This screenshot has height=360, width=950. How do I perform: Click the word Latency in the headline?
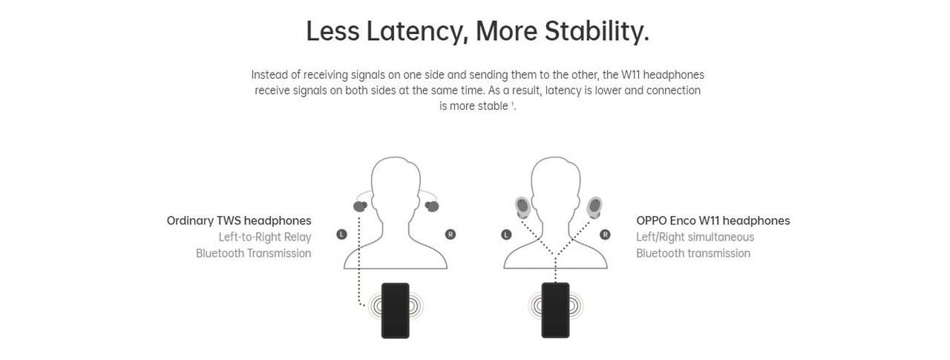(x=417, y=32)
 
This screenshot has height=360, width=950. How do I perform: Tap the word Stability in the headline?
(x=597, y=32)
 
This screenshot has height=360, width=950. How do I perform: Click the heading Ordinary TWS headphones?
(x=239, y=221)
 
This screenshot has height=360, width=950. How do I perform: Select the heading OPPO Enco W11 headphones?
(x=713, y=221)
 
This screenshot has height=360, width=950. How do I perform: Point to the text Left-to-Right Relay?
(x=265, y=237)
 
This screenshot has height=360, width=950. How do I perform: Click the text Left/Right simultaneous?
(x=695, y=237)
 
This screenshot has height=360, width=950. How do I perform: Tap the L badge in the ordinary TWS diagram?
(x=341, y=234)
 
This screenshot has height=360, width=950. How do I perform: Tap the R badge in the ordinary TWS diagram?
(x=451, y=234)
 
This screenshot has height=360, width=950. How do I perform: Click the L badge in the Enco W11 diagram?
(x=506, y=235)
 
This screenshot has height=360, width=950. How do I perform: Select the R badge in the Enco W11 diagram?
(x=605, y=235)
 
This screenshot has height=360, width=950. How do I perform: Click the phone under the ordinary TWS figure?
(x=396, y=310)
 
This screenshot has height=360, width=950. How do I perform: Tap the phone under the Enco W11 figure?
(x=556, y=310)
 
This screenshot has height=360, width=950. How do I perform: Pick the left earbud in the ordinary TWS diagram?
(x=360, y=206)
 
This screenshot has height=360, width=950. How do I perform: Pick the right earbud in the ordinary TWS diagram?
(x=432, y=206)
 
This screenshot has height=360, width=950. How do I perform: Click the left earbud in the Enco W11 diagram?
(x=522, y=208)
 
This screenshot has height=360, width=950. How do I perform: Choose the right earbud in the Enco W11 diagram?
(x=594, y=208)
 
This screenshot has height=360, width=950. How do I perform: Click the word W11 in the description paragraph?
(x=631, y=75)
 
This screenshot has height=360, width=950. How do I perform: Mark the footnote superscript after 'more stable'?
(x=512, y=103)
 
